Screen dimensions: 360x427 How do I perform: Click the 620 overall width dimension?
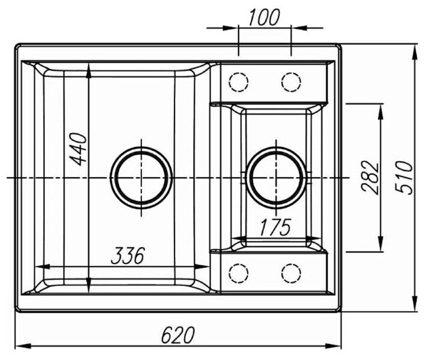[x=178, y=334]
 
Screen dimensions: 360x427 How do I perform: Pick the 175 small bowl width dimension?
[x=276, y=227]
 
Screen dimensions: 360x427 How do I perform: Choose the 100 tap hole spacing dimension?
[x=264, y=17]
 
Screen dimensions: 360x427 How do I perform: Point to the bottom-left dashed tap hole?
[x=239, y=272]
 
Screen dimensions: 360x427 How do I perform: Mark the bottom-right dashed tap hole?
[x=291, y=272]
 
